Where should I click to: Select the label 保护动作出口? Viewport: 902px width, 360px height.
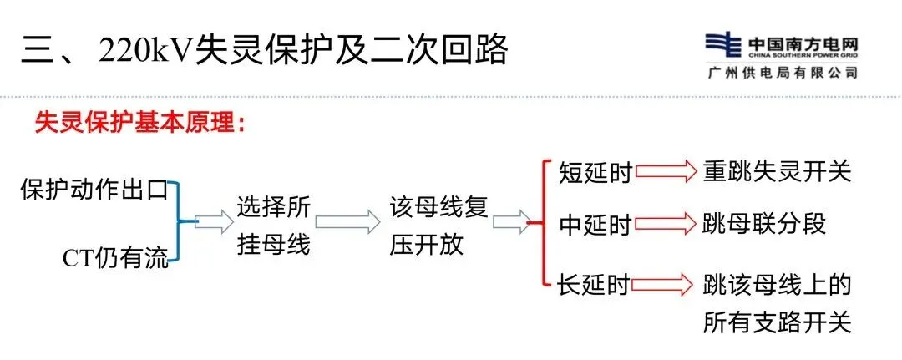tap(94, 190)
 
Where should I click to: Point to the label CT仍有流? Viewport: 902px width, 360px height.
tap(115, 260)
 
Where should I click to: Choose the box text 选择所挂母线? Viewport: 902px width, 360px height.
tap(272, 224)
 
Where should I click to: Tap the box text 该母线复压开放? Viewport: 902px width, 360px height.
tap(438, 224)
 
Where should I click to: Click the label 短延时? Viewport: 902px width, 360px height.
tap(595, 173)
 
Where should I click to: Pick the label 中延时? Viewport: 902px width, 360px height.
tap(595, 226)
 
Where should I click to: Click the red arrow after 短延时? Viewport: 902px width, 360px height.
tap(666, 171)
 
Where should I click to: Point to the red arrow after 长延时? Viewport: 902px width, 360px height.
tap(666, 283)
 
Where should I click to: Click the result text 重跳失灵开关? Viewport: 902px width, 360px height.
tap(777, 171)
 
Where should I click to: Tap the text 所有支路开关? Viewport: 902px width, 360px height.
tap(777, 322)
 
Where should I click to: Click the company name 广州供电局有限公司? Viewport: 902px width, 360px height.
tap(781, 73)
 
